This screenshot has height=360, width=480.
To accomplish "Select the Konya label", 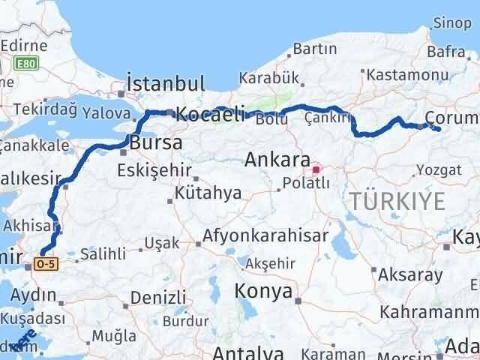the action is click(263, 291).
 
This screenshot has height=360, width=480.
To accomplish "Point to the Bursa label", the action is click(155, 142).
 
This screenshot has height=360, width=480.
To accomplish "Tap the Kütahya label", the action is click(207, 193).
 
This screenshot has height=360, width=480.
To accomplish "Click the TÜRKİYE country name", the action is click(396, 201).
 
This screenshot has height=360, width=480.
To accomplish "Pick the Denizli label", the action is click(157, 297).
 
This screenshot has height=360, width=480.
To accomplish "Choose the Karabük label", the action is click(269, 78).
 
